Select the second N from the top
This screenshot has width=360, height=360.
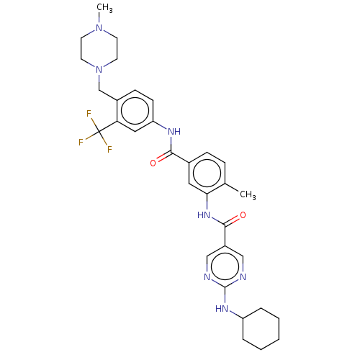[99, 69]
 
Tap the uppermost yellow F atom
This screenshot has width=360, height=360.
[89, 114]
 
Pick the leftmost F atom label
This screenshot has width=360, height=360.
[81, 143]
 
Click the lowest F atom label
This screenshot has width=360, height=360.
[109, 150]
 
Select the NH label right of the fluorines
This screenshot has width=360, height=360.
[173, 132]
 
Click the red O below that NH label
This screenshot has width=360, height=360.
[153, 163]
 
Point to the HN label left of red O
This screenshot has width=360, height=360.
[204, 215]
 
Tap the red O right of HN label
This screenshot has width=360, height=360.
[243, 215]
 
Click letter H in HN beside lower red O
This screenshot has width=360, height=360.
[200, 215]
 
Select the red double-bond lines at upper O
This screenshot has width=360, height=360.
[160, 158]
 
